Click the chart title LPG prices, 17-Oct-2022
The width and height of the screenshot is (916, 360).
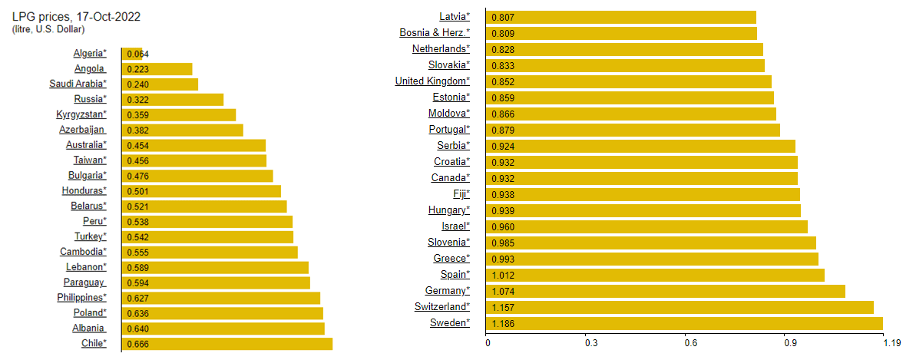pos(76,16)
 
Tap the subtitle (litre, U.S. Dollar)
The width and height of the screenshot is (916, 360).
pos(48,29)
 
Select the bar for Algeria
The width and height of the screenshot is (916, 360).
pos(132,54)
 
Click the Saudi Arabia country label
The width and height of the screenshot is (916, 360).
pos(78,84)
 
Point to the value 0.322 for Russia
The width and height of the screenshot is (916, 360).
pos(137,99)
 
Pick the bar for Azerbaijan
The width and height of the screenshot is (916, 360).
pos(182,130)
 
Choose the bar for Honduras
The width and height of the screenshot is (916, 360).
pos(201,190)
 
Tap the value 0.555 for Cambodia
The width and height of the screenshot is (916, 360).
pos(137,252)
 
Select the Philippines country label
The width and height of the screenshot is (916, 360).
pos(81,297)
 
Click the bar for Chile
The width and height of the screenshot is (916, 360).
pos(227,343)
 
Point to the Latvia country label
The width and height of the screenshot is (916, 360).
pos(454,16)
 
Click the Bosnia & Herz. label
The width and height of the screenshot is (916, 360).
pos(435,32)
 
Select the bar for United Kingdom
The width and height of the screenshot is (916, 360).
pos(629,81)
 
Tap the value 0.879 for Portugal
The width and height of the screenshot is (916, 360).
pos(503,130)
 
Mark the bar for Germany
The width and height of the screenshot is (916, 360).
pos(666,291)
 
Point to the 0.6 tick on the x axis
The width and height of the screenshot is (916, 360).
pos(689,342)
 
